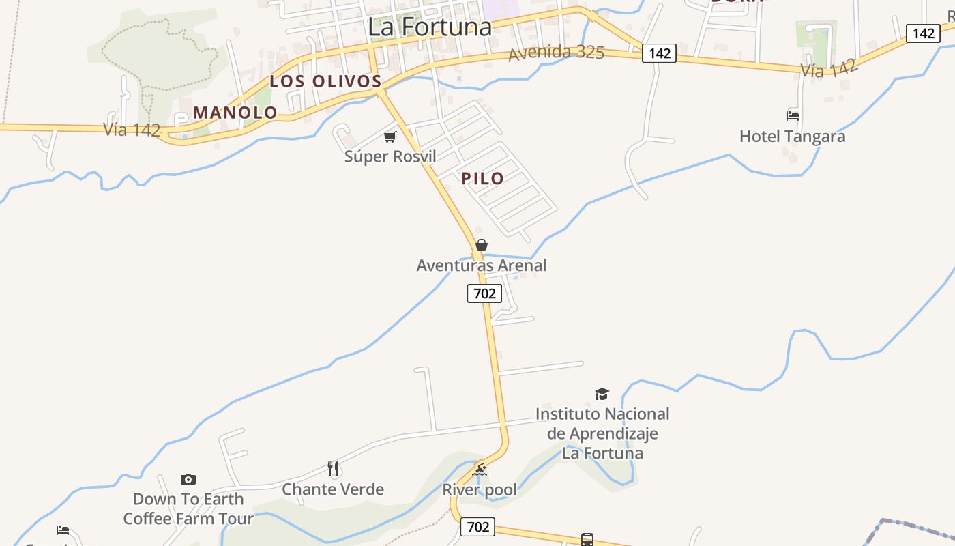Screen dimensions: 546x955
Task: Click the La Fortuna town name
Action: coord(430,27)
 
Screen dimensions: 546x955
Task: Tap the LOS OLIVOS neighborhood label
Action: coord(325,81)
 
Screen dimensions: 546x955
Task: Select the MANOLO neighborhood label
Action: coord(235,113)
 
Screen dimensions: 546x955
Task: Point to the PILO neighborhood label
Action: coord(483,179)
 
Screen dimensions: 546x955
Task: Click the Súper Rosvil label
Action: coord(390,156)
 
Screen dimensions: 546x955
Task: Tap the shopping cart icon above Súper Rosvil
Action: coord(390,137)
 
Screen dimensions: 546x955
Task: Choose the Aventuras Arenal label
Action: coord(482,265)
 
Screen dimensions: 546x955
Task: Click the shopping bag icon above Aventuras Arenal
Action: coord(482,245)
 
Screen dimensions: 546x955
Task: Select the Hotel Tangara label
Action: coord(792,136)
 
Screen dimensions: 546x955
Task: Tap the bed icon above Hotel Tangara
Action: coord(793,116)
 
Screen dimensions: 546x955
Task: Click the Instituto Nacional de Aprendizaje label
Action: coord(602,433)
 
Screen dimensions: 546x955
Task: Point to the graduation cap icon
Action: coord(602,394)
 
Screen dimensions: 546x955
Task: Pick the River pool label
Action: coord(480,489)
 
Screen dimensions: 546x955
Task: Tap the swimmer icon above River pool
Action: coord(480,470)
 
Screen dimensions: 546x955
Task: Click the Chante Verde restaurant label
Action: coord(333,489)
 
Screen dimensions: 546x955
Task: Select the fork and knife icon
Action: coord(333,469)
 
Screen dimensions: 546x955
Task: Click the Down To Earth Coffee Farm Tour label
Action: coord(188,508)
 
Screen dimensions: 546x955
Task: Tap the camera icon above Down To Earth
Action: coord(188,480)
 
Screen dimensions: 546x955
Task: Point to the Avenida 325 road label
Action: coord(556,52)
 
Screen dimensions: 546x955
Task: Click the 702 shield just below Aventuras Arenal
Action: coord(484,294)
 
